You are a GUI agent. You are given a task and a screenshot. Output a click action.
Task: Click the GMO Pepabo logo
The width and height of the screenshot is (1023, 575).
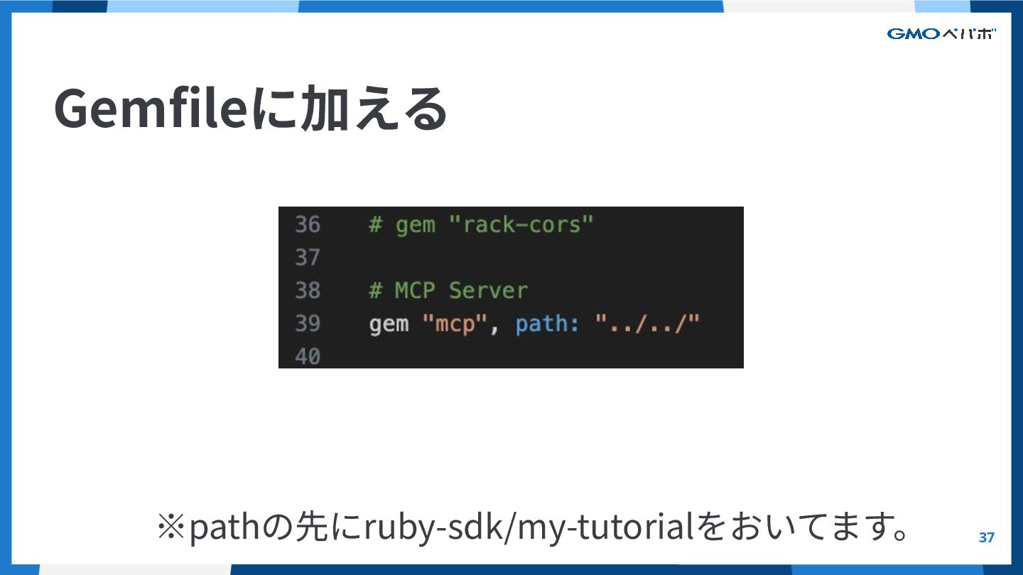pos(941,34)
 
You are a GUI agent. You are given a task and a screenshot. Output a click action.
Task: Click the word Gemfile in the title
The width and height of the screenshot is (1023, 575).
pos(149,109)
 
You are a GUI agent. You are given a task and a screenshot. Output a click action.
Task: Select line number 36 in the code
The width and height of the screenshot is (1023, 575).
pos(308,225)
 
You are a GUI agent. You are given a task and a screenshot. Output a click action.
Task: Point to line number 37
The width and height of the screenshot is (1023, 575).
pos(308,257)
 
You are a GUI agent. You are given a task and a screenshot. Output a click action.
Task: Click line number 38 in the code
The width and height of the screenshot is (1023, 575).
pos(308,290)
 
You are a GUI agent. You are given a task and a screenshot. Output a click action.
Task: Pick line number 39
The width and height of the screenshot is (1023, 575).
pos(308,324)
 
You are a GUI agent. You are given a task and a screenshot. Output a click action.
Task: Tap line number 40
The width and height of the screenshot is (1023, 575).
pos(308,356)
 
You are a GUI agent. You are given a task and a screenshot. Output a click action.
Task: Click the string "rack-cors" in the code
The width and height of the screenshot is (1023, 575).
pos(521,225)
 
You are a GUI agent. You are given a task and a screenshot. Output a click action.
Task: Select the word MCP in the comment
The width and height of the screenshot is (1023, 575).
pos(414,290)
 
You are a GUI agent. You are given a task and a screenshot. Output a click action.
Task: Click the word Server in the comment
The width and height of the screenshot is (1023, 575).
pos(488,290)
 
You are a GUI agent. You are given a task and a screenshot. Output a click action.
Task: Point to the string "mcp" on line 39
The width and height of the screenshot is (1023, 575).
pos(454,324)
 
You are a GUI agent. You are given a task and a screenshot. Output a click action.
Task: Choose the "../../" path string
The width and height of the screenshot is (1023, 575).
pos(647,324)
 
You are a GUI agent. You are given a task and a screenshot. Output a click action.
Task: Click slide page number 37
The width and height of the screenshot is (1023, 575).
pos(987,537)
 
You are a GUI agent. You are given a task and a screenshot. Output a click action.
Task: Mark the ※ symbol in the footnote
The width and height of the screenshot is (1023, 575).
pos(170,527)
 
